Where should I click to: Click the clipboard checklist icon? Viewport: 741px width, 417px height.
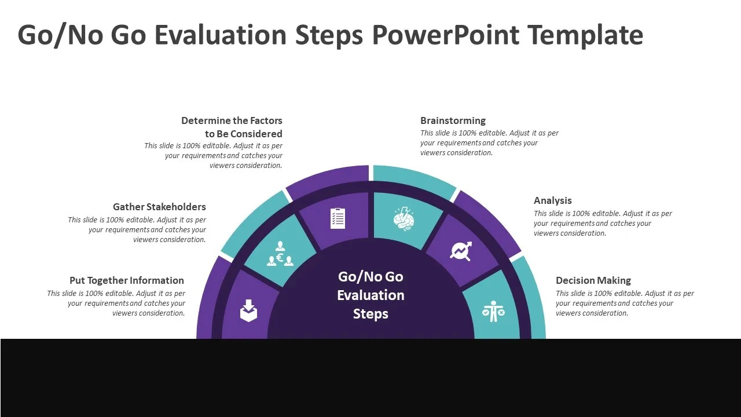click(x=338, y=218)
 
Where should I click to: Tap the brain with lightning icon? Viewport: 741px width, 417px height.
click(x=403, y=218)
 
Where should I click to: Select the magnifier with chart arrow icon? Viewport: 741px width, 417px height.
click(x=461, y=251)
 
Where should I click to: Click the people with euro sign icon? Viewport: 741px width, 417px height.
click(x=280, y=254)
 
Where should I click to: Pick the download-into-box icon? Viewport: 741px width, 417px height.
click(x=248, y=311)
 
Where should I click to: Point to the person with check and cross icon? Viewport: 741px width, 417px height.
click(x=493, y=311)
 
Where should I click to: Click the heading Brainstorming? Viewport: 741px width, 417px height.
click(x=453, y=120)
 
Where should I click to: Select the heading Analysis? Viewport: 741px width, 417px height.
click(x=552, y=200)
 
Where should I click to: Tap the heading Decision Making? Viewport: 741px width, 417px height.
click(x=593, y=280)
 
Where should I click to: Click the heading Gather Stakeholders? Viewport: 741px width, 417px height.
click(x=159, y=207)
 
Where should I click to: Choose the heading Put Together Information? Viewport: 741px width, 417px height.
click(x=127, y=280)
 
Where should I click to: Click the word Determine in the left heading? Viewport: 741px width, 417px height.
click(x=206, y=120)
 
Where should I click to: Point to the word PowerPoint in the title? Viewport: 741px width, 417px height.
click(x=446, y=35)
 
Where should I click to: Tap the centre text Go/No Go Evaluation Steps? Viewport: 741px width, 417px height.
click(x=370, y=295)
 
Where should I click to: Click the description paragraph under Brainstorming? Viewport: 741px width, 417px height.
click(x=489, y=143)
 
